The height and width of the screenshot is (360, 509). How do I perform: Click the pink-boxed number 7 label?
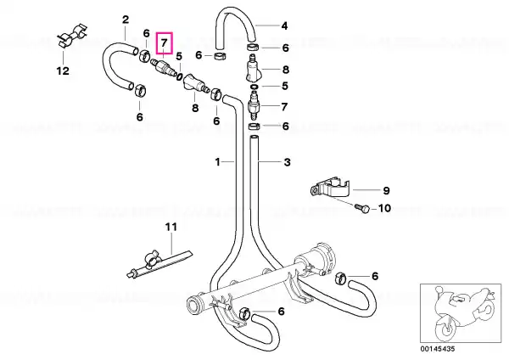click(x=165, y=43)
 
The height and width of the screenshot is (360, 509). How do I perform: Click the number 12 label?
click(x=63, y=70)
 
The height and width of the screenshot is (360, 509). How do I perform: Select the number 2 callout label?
click(x=126, y=20)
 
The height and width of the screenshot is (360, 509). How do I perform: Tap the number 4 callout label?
click(x=284, y=25)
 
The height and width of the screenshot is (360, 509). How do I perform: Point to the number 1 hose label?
click(x=217, y=161)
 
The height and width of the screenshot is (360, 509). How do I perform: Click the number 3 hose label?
click(x=288, y=162)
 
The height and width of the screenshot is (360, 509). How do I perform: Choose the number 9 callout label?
click(x=386, y=190)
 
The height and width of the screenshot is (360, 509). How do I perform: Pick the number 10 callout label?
click(x=384, y=208)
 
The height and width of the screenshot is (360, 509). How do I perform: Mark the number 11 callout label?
click(x=171, y=227)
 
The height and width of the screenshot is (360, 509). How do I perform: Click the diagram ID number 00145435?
click(x=438, y=349)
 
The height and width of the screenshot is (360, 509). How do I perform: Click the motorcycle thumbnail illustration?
click(x=461, y=312)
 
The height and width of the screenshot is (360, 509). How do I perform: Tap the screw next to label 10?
click(x=361, y=208)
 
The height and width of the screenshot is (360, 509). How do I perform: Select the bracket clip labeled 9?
click(x=328, y=188)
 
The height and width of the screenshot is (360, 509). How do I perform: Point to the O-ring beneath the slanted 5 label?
click(x=179, y=76)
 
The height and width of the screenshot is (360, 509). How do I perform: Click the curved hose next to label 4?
click(x=236, y=26)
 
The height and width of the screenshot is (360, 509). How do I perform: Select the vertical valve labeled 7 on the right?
click(x=254, y=106)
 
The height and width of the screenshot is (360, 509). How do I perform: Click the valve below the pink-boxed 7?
click(x=163, y=66)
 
